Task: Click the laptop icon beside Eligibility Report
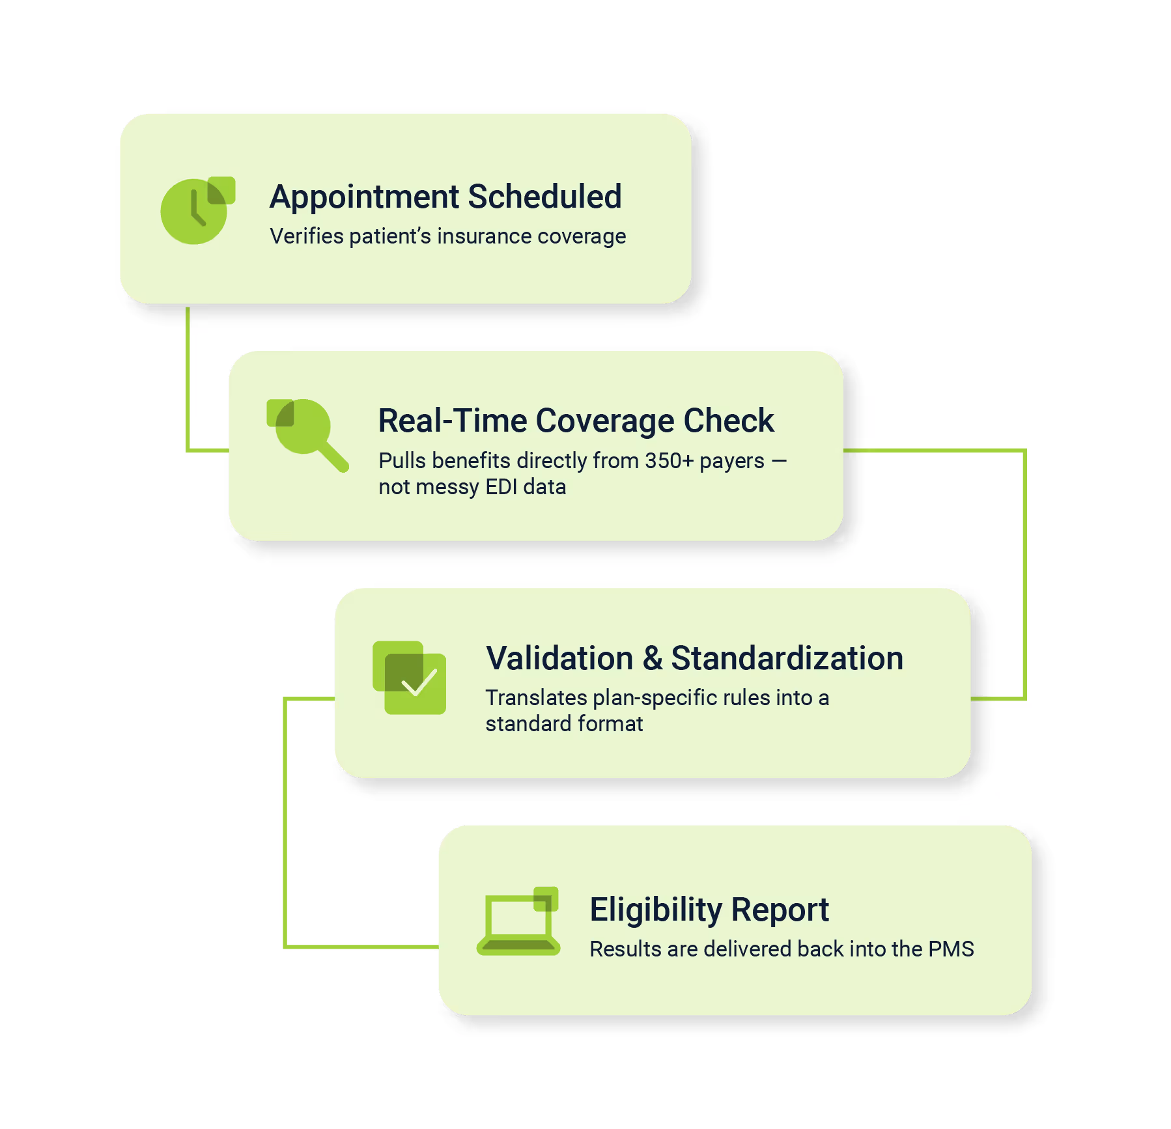pos(518,923)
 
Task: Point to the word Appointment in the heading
pos(365,197)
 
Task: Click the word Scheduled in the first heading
pos(544,197)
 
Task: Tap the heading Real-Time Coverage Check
pos(576,421)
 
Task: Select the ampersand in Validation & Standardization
pos(653,658)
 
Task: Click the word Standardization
pos(787,658)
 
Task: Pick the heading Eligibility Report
pos(709,910)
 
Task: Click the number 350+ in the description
pos(670,461)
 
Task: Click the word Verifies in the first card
pos(307,236)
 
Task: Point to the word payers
pos(731,461)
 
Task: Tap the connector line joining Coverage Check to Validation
pos(1024,573)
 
